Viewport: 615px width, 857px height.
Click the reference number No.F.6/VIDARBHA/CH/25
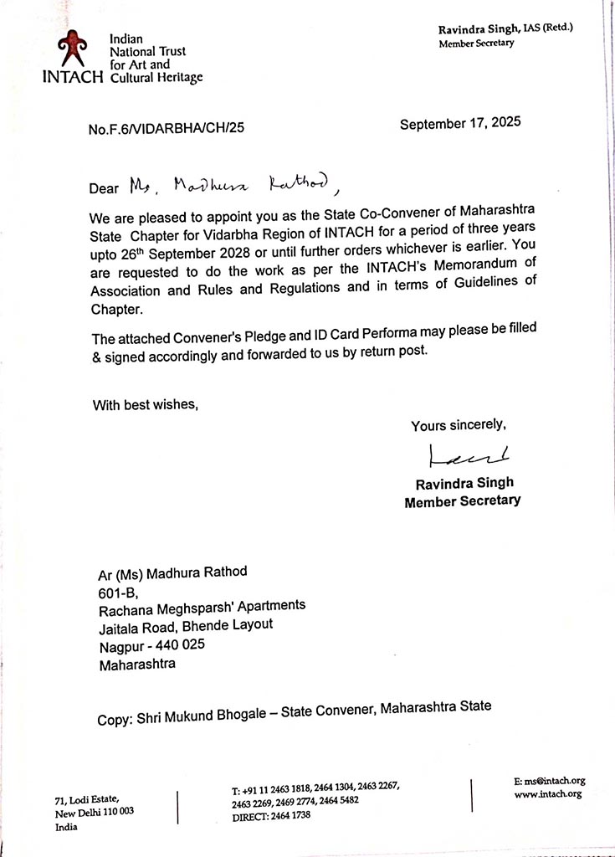(x=166, y=129)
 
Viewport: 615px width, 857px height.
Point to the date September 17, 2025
(x=460, y=123)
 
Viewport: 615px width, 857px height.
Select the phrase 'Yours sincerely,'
(x=459, y=426)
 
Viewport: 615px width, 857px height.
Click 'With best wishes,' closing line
(x=146, y=406)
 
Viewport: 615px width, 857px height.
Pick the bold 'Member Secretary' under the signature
(x=462, y=501)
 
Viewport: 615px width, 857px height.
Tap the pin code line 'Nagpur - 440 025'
(x=151, y=645)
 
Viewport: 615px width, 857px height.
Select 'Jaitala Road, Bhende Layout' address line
(x=186, y=625)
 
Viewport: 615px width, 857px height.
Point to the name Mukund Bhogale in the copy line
(x=218, y=717)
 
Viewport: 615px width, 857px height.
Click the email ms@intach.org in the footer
(x=550, y=781)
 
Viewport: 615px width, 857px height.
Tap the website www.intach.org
(x=548, y=793)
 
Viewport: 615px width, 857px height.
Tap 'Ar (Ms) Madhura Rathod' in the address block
(x=173, y=572)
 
